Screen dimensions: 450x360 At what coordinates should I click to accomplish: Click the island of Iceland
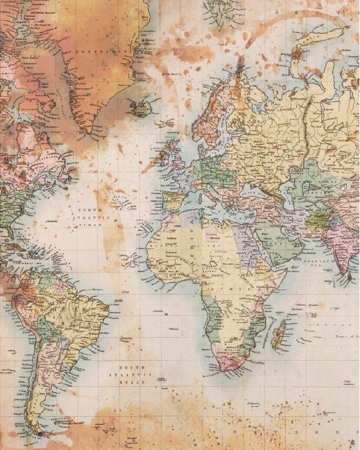point(142,109)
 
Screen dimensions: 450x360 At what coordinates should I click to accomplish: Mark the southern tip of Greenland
point(94,132)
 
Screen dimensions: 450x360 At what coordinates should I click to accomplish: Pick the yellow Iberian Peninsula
point(172,202)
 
